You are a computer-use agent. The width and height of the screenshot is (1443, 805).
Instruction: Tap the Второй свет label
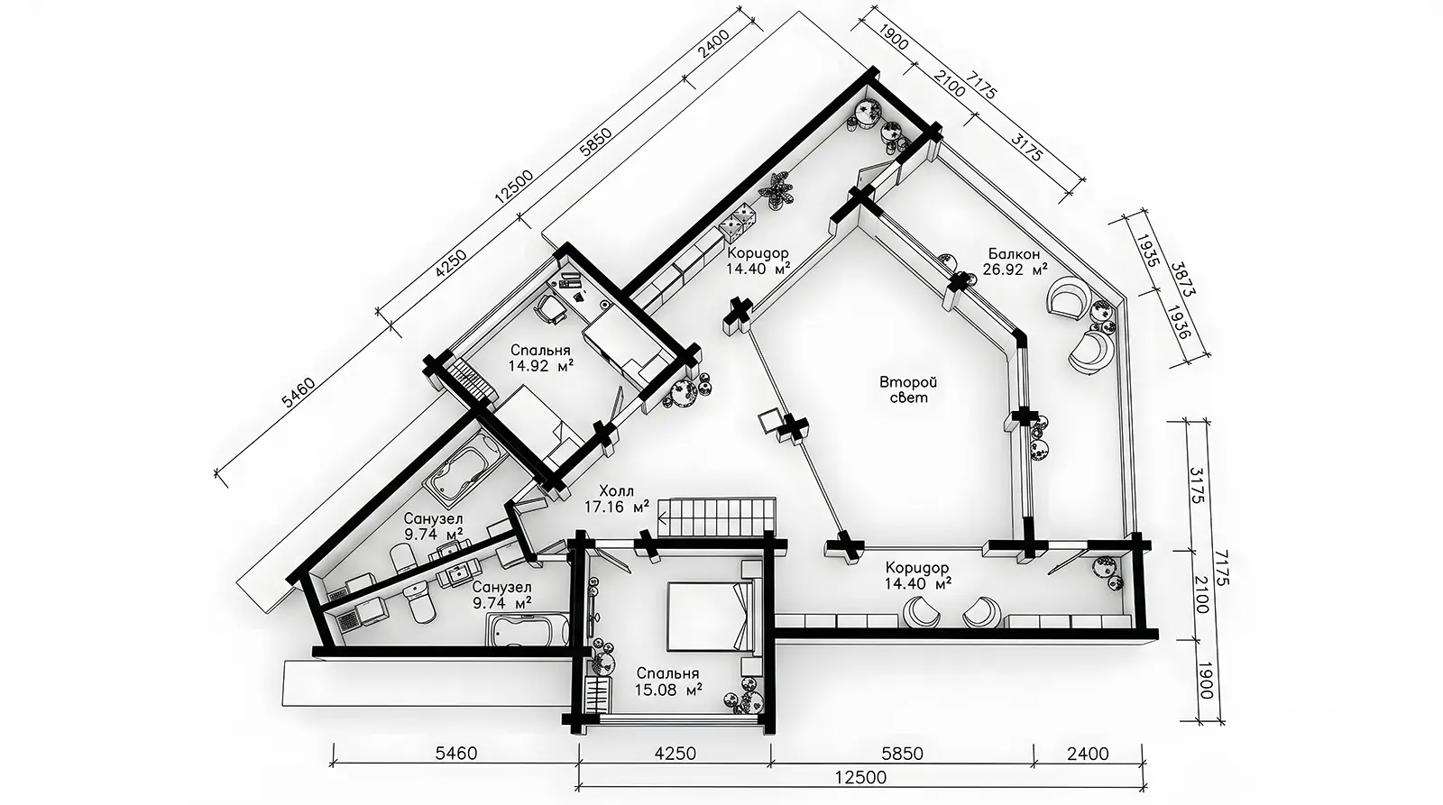tap(908, 389)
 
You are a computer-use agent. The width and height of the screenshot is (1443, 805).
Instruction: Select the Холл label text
tap(617, 491)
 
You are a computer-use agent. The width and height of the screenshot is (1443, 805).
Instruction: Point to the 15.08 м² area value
tap(668, 690)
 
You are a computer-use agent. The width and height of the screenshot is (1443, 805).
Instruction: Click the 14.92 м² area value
tap(540, 366)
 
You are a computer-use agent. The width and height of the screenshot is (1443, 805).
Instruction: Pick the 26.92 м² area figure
tap(1015, 270)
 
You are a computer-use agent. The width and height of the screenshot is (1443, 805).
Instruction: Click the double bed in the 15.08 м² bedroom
tap(710, 617)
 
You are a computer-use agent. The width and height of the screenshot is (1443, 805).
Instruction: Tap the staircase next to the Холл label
tap(721, 516)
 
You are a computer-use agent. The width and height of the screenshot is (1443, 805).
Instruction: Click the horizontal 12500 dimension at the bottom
tap(861, 777)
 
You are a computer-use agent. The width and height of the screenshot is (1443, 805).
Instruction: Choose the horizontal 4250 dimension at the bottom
tap(676, 753)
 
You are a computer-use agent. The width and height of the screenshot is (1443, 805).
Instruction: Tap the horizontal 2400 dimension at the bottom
tap(1088, 753)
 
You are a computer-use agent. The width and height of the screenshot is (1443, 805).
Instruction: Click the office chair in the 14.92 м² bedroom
tap(549, 309)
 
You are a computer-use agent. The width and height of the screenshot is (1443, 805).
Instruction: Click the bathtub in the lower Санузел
tap(528, 630)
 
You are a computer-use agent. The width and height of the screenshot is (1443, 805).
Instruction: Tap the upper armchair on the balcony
tap(1069, 297)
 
